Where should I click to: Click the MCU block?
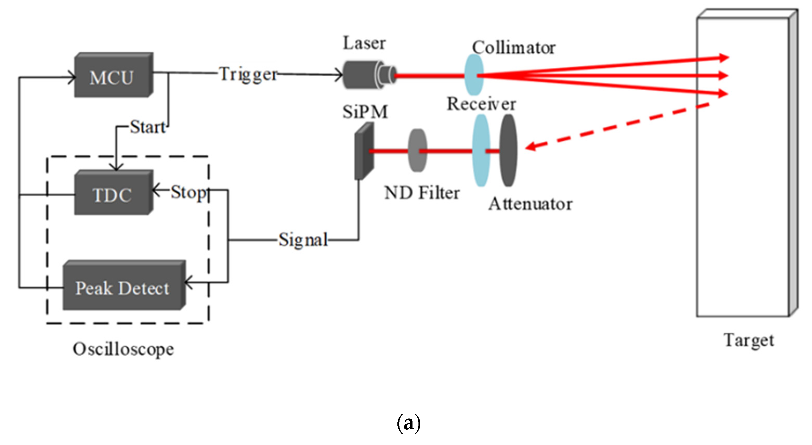pos(113,76)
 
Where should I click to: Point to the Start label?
pos(148,127)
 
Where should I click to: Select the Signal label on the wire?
pos(303,240)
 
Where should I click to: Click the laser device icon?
pos(369,75)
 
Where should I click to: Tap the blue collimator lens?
pos(474,75)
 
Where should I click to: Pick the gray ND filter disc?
pos(417,150)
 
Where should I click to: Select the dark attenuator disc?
pos(508,150)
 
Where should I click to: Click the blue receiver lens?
pos(481,150)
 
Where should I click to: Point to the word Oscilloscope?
pos(123,349)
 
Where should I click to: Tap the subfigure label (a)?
pos(409,423)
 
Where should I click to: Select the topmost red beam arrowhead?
pos(723,58)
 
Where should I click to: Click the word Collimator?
pos(514,48)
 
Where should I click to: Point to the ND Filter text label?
pos(422,193)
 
